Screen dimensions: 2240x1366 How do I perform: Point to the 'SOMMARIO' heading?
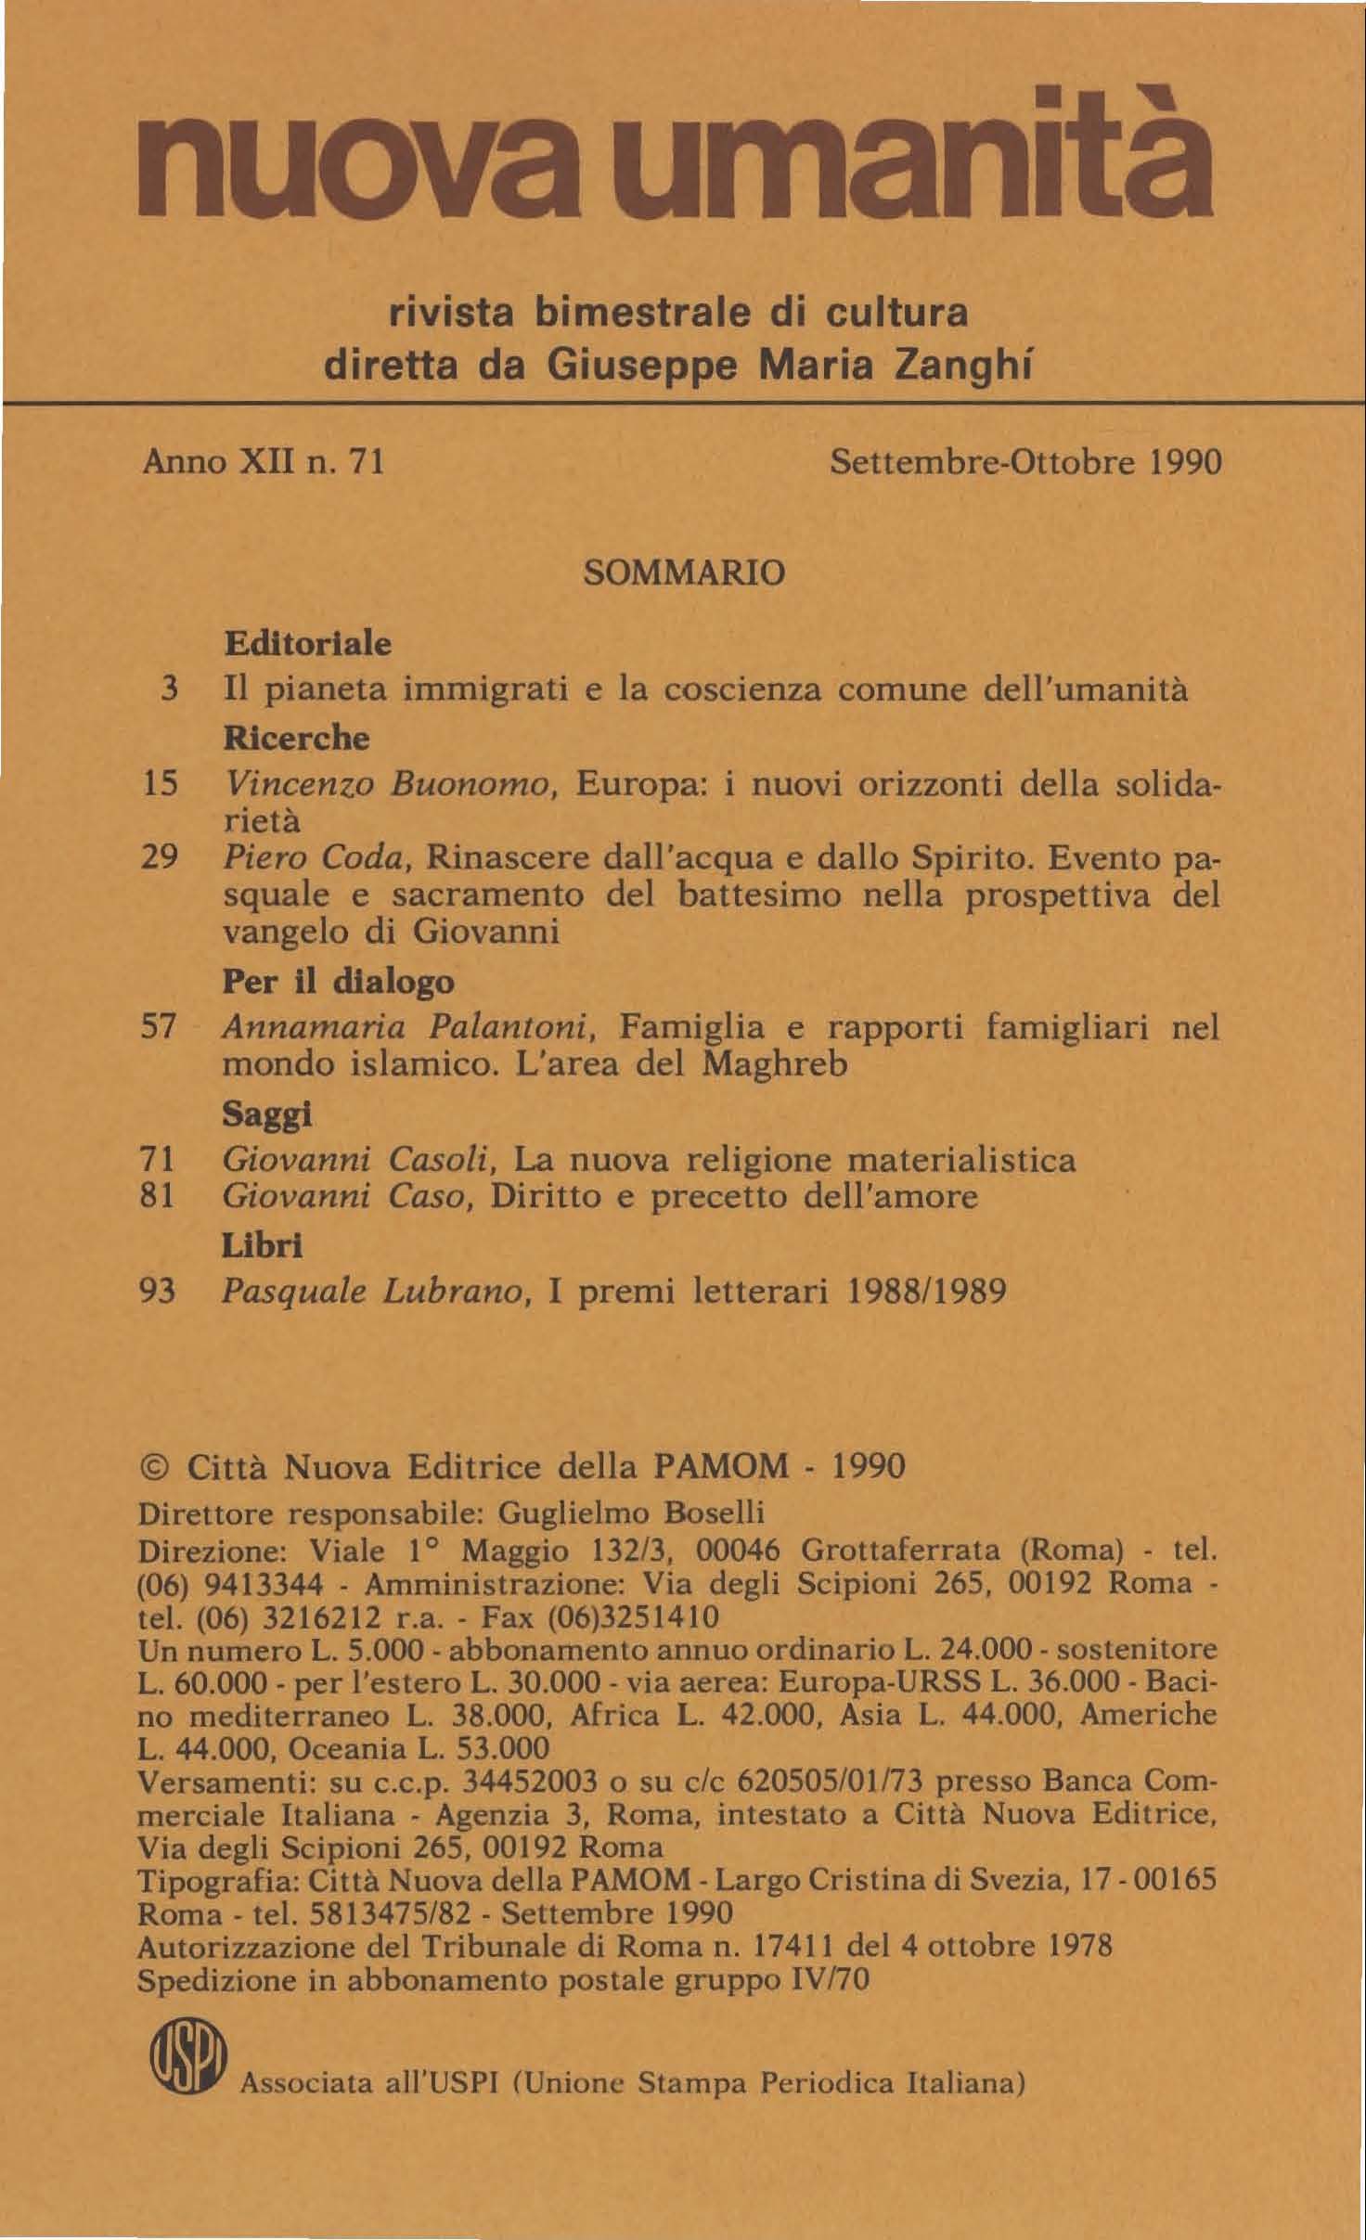(x=683, y=573)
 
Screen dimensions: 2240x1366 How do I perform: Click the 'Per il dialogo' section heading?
(x=339, y=981)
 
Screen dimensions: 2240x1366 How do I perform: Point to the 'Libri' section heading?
(x=263, y=1245)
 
